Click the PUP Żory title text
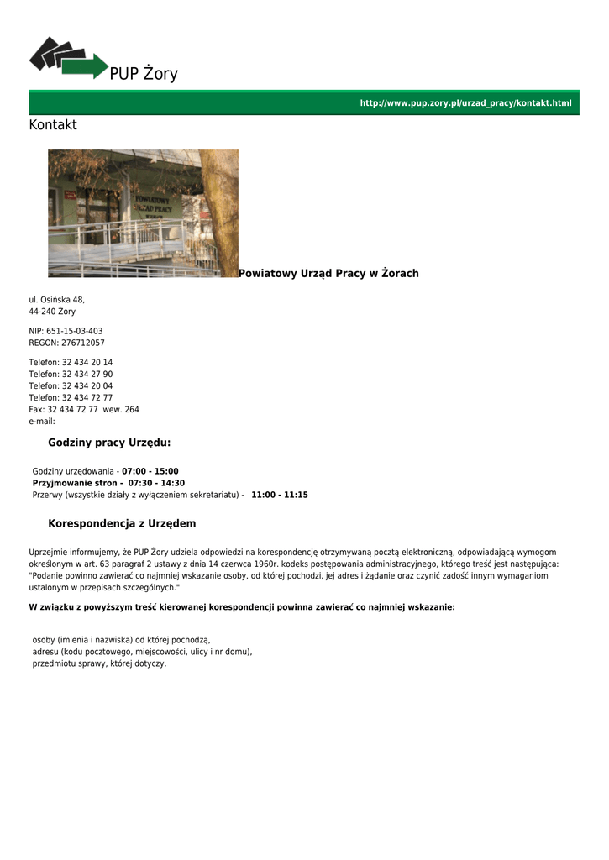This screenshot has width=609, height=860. (144, 74)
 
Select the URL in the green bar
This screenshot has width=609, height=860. (465, 103)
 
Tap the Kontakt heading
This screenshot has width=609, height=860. (53, 125)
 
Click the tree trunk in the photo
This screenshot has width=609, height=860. (220, 210)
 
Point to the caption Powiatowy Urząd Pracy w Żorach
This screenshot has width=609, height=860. (328, 274)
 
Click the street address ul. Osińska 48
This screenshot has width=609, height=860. (57, 300)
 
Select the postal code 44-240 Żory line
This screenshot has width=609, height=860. (52, 312)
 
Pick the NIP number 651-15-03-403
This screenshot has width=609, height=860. (74, 331)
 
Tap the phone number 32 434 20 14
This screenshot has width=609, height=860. (87, 363)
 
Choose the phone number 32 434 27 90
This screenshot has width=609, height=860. (87, 375)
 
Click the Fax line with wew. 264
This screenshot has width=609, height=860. (84, 410)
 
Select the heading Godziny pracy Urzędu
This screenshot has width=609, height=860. (109, 443)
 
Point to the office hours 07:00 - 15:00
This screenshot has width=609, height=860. (150, 471)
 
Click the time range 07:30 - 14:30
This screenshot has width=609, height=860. (156, 483)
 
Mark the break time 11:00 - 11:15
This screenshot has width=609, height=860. (280, 495)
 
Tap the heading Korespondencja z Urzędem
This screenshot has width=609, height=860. (122, 523)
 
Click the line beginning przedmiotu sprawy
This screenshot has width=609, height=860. (99, 663)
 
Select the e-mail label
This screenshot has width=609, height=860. (42, 422)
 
